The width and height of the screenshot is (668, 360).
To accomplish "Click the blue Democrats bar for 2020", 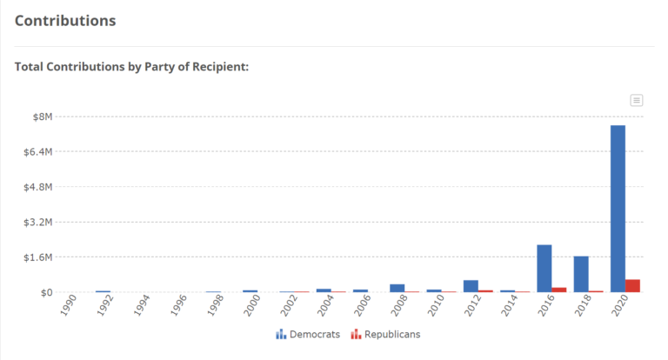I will (618, 209).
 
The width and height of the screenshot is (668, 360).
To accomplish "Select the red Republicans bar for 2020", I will (632, 286).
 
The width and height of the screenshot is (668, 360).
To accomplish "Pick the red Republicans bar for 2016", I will (559, 290).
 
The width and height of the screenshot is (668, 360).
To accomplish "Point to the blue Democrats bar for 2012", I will (471, 286).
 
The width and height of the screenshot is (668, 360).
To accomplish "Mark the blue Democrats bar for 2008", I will (397, 288).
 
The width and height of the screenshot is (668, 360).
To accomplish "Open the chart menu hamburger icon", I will (637, 100).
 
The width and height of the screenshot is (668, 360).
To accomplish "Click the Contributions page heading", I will (65, 20).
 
